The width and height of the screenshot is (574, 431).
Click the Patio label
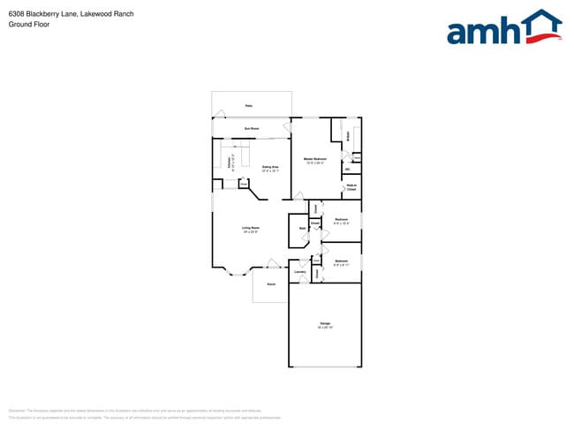point(249,105)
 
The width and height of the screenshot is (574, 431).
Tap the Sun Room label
point(252,129)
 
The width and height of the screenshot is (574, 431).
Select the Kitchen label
point(230,163)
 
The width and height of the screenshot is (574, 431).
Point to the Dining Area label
point(270,168)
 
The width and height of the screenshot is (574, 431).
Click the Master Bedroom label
point(315,161)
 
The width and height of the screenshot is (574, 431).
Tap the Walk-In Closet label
point(351,187)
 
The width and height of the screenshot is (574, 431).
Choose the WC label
point(347,169)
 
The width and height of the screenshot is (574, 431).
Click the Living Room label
point(251,229)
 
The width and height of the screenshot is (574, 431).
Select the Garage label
point(324,324)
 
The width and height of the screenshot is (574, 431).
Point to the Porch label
point(271,284)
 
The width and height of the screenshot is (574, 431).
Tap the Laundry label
point(300,272)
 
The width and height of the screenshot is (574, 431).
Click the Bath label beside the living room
point(302,229)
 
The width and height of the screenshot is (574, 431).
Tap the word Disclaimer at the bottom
point(17,411)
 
